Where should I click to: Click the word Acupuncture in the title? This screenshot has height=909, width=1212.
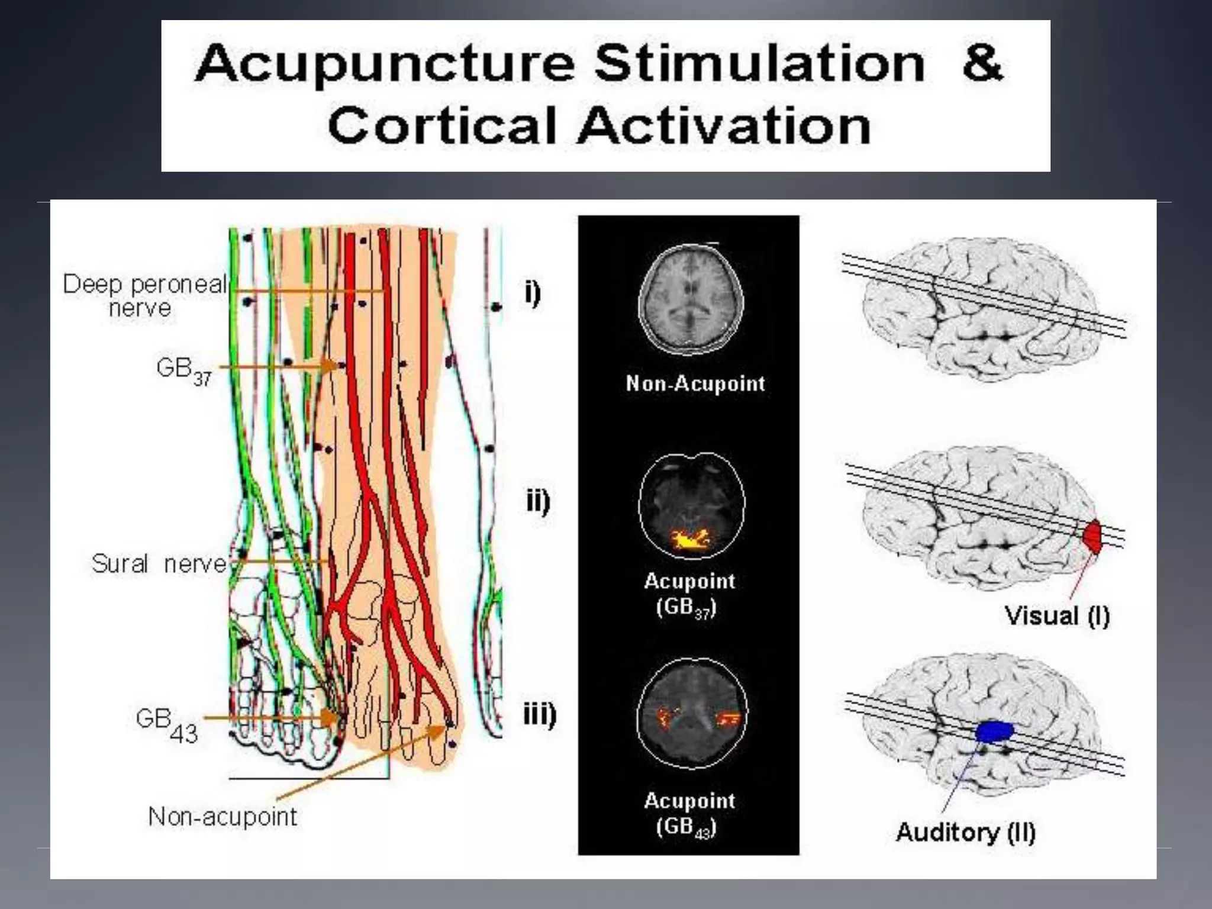click(x=385, y=64)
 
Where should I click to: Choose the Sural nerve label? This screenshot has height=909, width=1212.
click(x=159, y=563)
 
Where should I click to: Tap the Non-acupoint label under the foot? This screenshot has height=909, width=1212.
click(x=223, y=817)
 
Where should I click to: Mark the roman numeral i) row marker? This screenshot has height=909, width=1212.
click(x=533, y=294)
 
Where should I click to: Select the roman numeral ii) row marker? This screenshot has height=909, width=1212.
click(x=538, y=502)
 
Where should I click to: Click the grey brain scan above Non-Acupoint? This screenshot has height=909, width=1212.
click(x=691, y=299)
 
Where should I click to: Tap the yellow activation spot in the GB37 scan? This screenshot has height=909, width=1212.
click(x=689, y=539)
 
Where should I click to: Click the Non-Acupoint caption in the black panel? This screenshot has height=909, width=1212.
click(x=695, y=383)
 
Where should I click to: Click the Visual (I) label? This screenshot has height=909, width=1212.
click(x=1057, y=616)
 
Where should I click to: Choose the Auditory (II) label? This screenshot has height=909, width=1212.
click(x=966, y=832)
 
